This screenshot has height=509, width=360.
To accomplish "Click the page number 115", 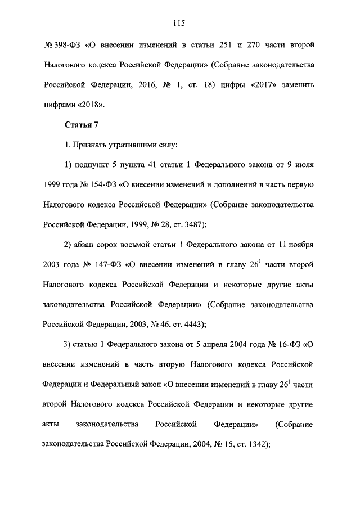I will tap(180, 23).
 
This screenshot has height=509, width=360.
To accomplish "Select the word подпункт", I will tap(92, 165).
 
